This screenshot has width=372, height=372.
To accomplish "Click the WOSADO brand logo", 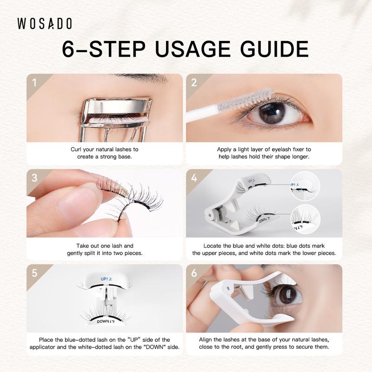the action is click(45, 24).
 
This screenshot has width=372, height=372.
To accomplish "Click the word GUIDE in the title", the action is click(274, 49).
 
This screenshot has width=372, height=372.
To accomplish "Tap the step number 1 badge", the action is click(34, 83).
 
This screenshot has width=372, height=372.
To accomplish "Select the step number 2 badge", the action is click(194, 83).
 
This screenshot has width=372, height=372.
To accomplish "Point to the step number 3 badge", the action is click(34, 178).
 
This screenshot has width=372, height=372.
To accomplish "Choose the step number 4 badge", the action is click(194, 178).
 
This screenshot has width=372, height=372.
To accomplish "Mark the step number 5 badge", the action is click(34, 273).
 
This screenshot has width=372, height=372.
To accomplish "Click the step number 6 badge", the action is click(194, 273).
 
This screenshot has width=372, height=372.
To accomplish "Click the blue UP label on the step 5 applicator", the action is click(106, 279).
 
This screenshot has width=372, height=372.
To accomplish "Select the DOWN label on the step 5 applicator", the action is click(106, 322).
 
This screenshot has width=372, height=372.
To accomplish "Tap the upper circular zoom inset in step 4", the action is click(305, 186).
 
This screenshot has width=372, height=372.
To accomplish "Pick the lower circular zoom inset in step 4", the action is click(306, 219).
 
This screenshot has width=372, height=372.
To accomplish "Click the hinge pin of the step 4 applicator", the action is click(210, 215).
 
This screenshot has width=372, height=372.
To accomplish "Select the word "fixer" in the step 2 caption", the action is click(299, 149).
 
